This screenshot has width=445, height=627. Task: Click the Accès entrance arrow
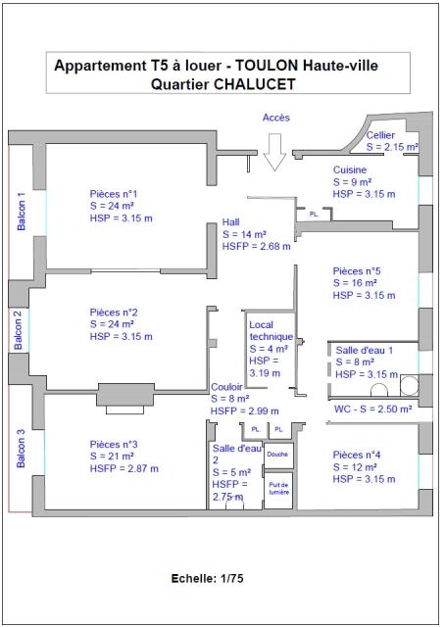(x=274, y=152)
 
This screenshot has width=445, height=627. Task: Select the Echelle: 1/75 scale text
(x=207, y=578)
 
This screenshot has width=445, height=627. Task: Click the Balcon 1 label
(x=21, y=211)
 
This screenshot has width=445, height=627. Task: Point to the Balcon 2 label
(x=18, y=329)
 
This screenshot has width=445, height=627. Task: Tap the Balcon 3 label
(x=21, y=449)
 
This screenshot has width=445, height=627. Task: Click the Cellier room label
(x=380, y=135)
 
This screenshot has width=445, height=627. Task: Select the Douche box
(x=278, y=455)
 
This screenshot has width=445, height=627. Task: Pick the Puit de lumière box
(x=278, y=490)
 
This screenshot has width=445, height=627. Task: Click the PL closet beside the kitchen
(x=314, y=215)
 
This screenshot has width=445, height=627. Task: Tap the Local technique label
(x=271, y=331)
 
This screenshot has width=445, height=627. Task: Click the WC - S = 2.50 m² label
(x=373, y=410)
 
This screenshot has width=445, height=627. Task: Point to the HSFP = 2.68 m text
(x=257, y=246)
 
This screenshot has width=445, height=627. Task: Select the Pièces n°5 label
(x=357, y=271)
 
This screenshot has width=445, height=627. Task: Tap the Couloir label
(x=226, y=387)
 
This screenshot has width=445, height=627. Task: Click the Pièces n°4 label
(x=357, y=455)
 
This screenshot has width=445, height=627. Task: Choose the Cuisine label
(x=350, y=169)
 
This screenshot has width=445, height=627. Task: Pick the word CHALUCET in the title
(x=255, y=84)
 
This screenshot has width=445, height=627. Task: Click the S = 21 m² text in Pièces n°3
(x=112, y=457)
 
